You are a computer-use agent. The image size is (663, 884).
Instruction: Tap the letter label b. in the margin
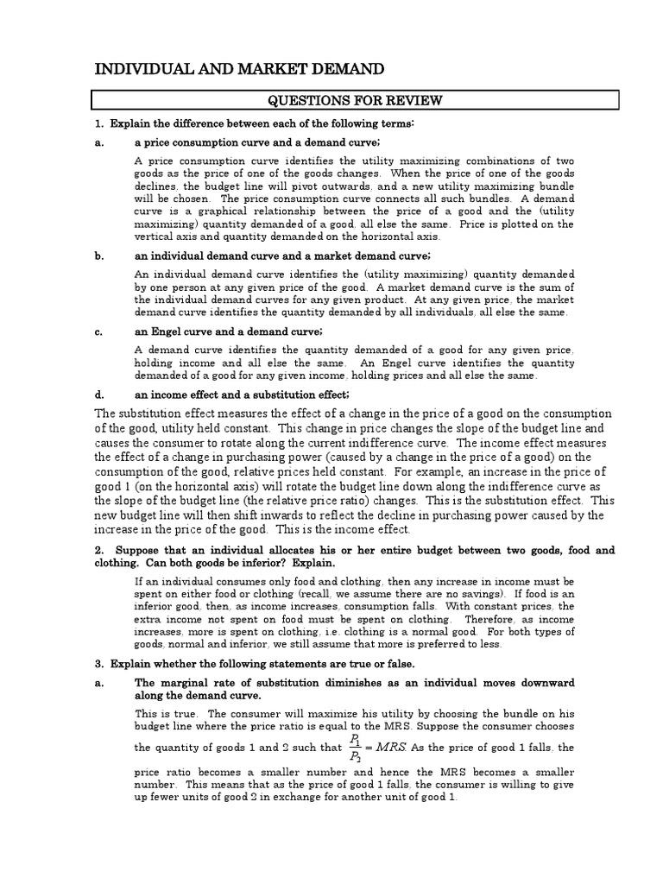[99, 256]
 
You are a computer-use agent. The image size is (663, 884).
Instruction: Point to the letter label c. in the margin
[99, 332]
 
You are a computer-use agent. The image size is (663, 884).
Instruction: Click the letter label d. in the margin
[99, 395]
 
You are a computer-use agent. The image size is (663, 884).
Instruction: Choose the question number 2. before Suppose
[99, 550]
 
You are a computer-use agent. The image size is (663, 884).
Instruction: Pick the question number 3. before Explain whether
[99, 663]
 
